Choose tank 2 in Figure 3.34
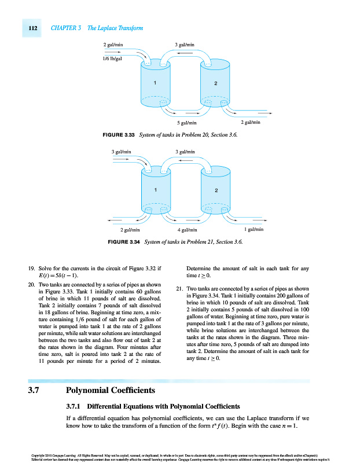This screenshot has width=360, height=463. (x=215, y=192)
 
